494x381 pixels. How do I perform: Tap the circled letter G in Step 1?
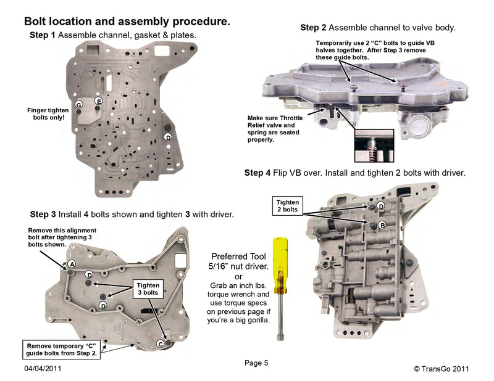click(78, 105)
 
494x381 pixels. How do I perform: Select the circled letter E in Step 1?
click(98, 100)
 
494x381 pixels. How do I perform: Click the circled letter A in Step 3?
click(72, 263)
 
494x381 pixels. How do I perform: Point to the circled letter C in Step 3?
click(161, 343)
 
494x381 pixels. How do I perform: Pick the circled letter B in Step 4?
click(382, 226)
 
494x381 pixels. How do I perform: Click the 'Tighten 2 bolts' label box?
click(287, 206)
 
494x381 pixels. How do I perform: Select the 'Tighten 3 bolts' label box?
click(149, 289)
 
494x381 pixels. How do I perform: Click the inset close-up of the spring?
click(373, 145)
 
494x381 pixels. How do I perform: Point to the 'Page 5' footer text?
click(256, 363)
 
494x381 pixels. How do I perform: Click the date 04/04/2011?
click(43, 369)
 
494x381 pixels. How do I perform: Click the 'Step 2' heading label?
click(313, 28)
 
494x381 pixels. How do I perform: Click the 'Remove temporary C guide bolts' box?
click(61, 350)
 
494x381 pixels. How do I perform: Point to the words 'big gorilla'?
click(241, 321)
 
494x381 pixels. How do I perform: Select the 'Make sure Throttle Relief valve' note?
click(272, 128)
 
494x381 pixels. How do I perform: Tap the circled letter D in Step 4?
click(381, 206)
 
